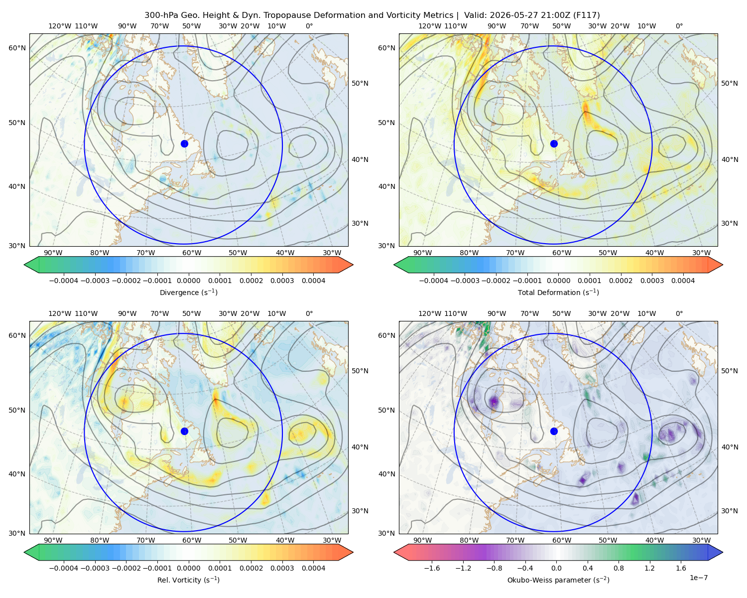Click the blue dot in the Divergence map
pos(184,144)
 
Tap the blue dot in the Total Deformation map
pos(554,144)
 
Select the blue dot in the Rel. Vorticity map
pos(184,431)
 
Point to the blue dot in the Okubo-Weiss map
pos(554,431)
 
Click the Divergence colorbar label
pos(188,292)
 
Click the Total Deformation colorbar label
pos(558,292)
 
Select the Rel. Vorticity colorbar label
pos(188,580)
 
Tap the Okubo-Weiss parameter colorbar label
pos(558,580)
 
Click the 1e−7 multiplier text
pos(698,578)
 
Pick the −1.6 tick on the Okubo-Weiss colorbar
pos(432,568)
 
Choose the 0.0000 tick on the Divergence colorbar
pos(188,281)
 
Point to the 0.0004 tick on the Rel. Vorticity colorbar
pos(313,568)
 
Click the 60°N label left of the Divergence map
pos(17,48)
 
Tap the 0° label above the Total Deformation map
pos(679,26)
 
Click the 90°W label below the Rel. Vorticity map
pos(53,540)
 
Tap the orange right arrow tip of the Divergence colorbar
pos(353,265)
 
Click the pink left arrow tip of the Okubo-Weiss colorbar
pos(394,552)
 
